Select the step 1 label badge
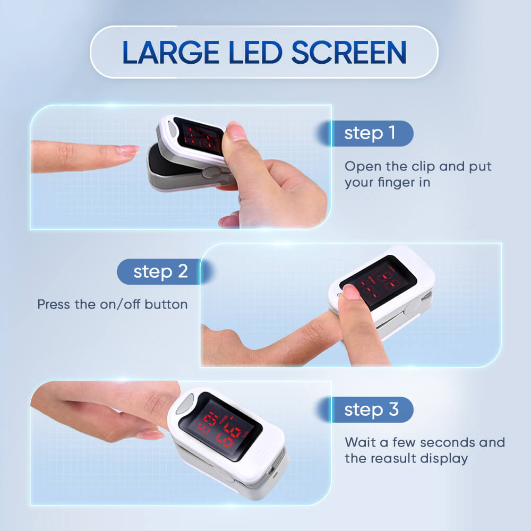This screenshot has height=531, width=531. pyautogui.click(x=370, y=133)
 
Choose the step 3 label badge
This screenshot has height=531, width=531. pyautogui.click(x=371, y=410)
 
